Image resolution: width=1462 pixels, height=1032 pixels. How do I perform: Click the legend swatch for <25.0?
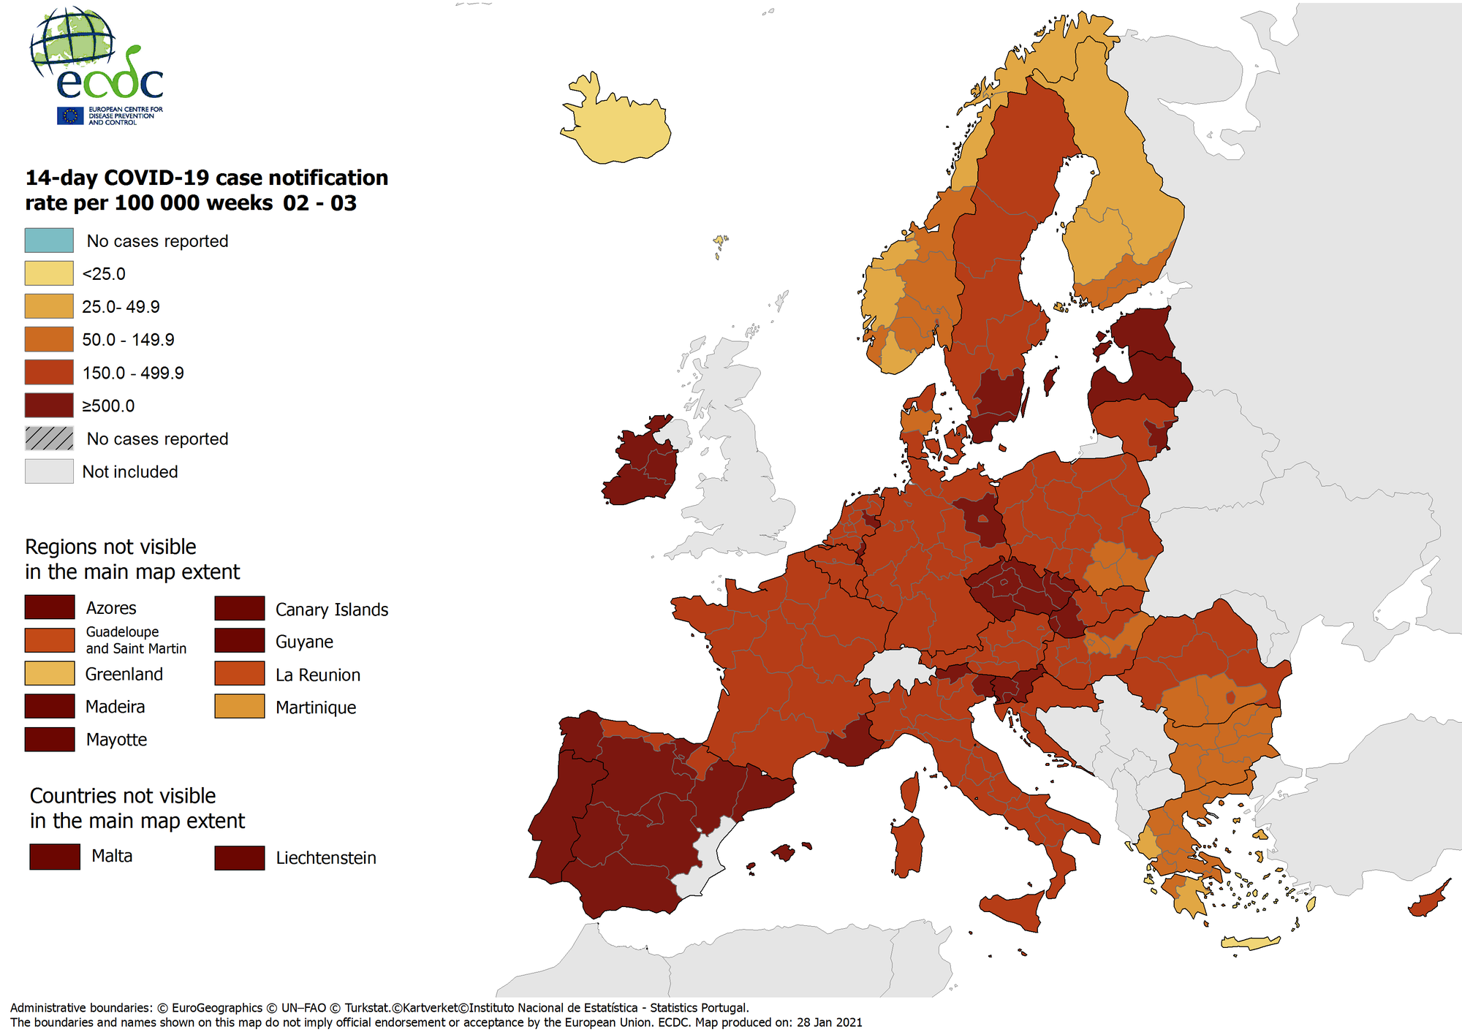[x=49, y=273]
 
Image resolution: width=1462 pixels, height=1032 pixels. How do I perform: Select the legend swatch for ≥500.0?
[x=49, y=405]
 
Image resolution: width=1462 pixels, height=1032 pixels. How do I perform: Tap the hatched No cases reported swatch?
[x=49, y=439]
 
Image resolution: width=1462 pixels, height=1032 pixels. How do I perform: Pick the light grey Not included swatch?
[x=49, y=471]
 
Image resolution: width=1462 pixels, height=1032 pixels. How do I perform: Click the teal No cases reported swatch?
[x=49, y=240]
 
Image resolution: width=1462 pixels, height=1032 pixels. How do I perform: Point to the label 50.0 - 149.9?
[x=128, y=340]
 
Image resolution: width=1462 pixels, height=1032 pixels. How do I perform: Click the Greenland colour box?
[x=49, y=673]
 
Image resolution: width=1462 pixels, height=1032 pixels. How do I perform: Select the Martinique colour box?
[x=239, y=707]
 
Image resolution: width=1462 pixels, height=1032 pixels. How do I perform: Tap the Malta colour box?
[x=55, y=857]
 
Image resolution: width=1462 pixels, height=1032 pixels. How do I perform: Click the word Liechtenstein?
[x=325, y=858]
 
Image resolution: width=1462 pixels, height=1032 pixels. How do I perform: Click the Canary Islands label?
[x=331, y=610]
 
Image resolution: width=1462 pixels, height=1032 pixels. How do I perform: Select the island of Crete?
[x=1250, y=944]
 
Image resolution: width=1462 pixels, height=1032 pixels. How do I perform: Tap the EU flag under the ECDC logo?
[x=71, y=115]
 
